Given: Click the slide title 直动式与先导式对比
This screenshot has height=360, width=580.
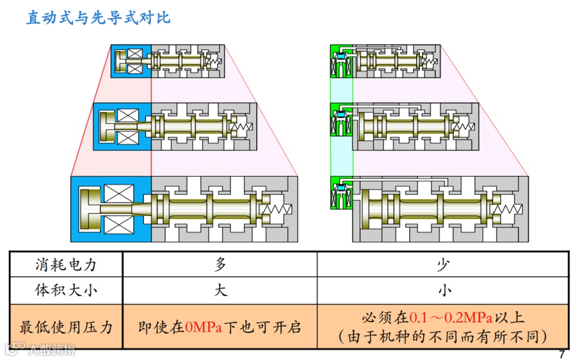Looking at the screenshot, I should pyautogui.click(x=99, y=18).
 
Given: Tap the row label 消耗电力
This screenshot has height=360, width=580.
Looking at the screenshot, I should pyautogui.click(x=66, y=264).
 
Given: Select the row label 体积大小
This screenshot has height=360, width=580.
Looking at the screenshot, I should pyautogui.click(x=66, y=291).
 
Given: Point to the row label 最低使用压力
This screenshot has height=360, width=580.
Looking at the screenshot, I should pyautogui.click(x=66, y=327).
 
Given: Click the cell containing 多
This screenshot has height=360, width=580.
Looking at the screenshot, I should pyautogui.click(x=220, y=264).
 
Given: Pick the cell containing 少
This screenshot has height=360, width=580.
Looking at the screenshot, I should pyautogui.click(x=444, y=264).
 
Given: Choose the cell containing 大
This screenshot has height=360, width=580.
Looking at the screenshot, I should pyautogui.click(x=220, y=291).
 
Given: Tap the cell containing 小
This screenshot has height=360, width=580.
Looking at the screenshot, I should pyautogui.click(x=444, y=291).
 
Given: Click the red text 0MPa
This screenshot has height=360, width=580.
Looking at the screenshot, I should pyautogui.click(x=204, y=327).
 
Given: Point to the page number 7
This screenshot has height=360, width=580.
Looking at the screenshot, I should pyautogui.click(x=562, y=354).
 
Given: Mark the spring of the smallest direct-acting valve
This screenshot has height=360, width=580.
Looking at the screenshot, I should pyautogui.click(x=215, y=62).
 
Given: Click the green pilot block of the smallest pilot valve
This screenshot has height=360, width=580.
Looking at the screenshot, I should pyautogui.click(x=340, y=61).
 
